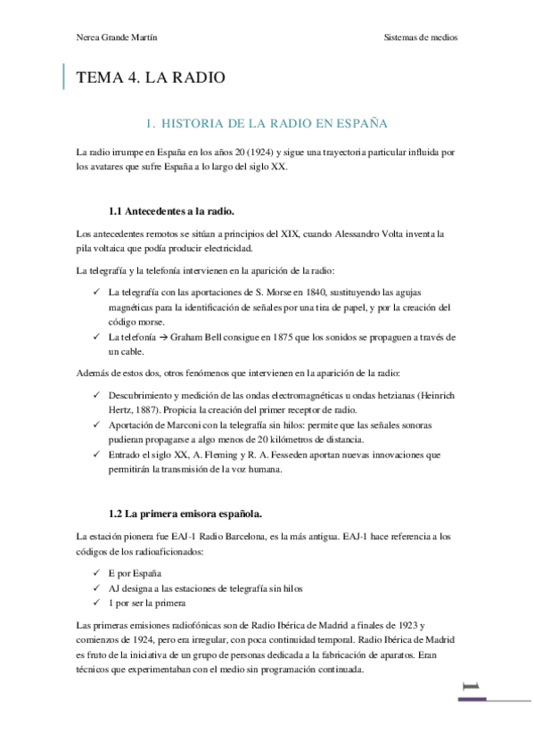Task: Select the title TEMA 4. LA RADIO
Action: [151, 78]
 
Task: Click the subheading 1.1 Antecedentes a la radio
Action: [171, 211]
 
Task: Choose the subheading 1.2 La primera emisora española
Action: [185, 514]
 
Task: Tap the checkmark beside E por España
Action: [96, 573]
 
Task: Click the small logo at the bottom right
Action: [471, 687]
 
